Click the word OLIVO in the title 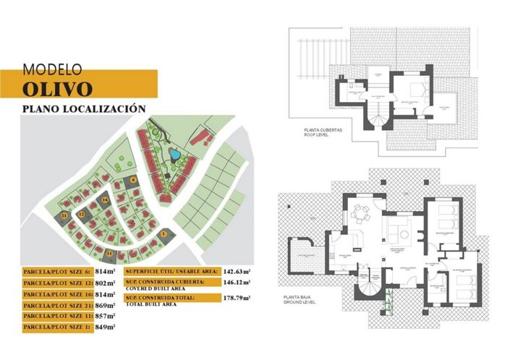click(58, 88)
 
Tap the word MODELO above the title click(53, 70)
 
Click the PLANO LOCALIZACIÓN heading click(85, 108)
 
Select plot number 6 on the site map click(134, 179)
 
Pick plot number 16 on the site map click(105, 200)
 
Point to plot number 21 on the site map click(64, 215)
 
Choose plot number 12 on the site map click(82, 215)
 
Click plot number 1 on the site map click(164, 233)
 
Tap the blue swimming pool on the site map click(174, 154)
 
